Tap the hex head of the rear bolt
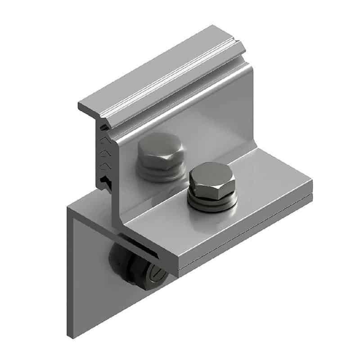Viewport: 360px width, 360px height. click(160, 150)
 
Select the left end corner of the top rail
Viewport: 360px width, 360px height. click(81, 106)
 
